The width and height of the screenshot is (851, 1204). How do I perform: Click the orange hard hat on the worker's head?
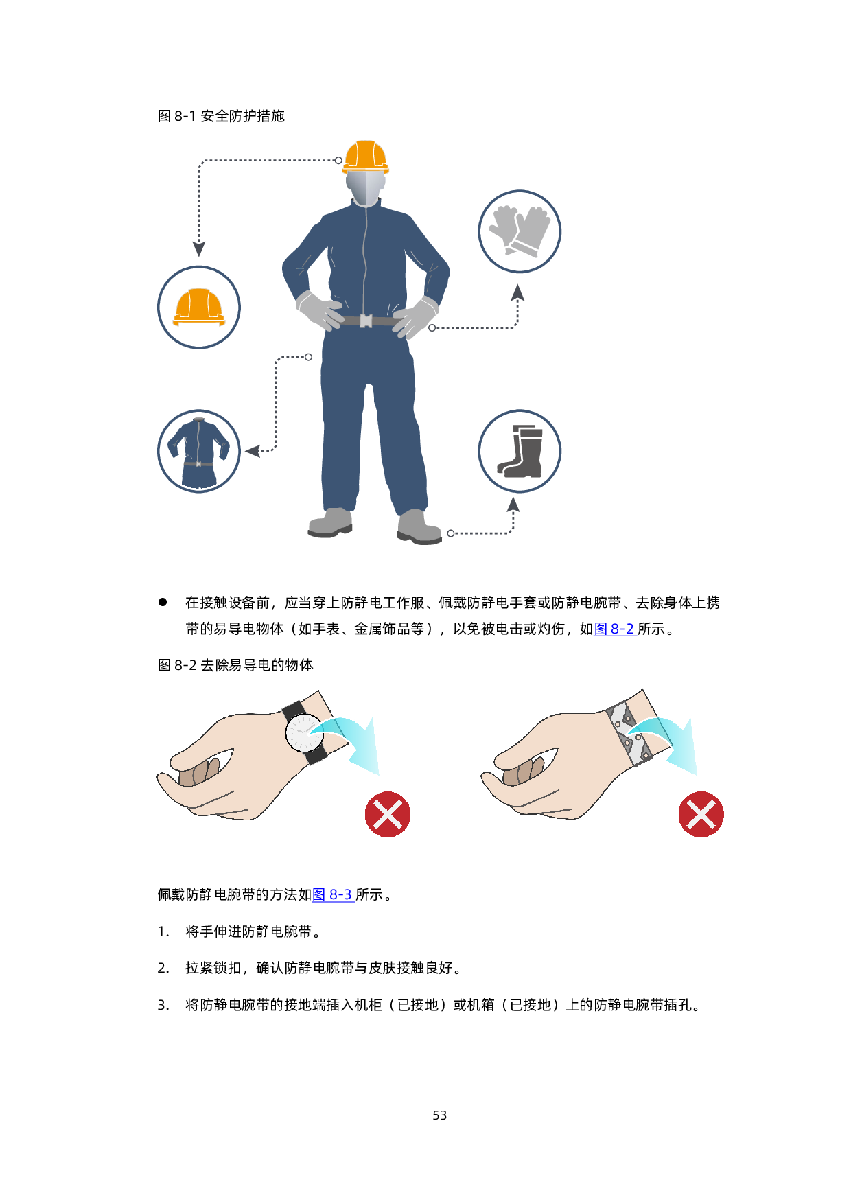tap(366, 157)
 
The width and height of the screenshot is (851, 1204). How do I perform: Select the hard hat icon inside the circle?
tap(199, 307)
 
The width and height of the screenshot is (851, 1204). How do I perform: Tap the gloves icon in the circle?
tap(520, 231)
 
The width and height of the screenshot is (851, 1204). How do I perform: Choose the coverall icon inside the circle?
tap(198, 452)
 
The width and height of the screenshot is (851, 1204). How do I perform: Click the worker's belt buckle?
tap(366, 321)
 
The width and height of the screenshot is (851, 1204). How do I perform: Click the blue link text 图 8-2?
tap(615, 629)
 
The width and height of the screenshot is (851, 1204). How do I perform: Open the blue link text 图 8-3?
tap(333, 894)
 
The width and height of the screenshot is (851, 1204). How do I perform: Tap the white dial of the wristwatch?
tap(303, 733)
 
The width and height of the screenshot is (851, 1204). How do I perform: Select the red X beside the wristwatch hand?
tap(388, 815)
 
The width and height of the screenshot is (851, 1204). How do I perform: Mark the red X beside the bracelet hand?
tap(701, 815)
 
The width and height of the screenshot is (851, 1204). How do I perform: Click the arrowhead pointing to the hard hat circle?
tap(199, 248)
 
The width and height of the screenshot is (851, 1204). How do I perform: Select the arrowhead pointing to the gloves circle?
tap(517, 293)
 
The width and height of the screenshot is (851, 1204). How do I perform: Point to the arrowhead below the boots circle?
tap(513, 505)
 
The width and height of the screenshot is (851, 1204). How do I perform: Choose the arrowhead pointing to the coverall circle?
tap(253, 451)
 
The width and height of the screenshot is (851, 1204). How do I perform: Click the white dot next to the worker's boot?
tap(451, 533)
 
